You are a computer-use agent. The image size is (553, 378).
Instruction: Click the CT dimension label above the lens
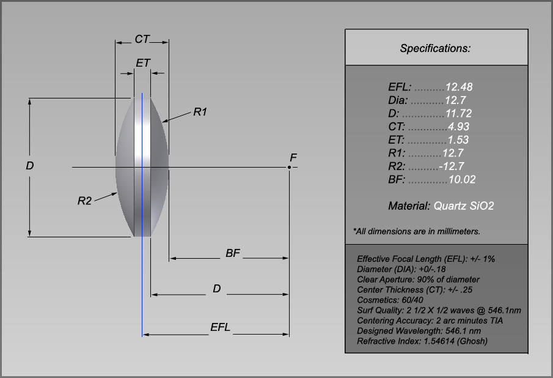[x=142, y=39]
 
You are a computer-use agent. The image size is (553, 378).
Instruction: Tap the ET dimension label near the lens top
[x=143, y=63]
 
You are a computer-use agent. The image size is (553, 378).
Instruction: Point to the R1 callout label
[x=200, y=112]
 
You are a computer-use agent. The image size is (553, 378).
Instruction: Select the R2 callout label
[x=84, y=201]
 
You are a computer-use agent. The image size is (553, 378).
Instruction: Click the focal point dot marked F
[x=290, y=167]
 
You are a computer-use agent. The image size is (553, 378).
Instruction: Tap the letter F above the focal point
[x=293, y=158]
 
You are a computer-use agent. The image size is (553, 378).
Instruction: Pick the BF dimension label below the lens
[x=233, y=253]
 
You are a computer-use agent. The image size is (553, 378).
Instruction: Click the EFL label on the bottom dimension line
[x=221, y=327]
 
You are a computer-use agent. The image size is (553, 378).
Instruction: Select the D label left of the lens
[x=29, y=166]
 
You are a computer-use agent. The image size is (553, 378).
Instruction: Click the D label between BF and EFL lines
[x=216, y=289]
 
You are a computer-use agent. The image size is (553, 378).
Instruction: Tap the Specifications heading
[x=435, y=48]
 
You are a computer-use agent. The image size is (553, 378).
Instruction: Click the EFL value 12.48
[x=459, y=87]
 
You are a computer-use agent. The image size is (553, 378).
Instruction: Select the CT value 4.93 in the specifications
[x=458, y=127]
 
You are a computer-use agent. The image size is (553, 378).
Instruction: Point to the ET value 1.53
[x=458, y=140]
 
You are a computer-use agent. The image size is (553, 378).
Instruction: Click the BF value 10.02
[x=461, y=179]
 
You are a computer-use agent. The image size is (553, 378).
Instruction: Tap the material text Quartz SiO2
[x=464, y=206]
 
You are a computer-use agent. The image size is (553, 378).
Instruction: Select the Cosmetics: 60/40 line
[x=390, y=300]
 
